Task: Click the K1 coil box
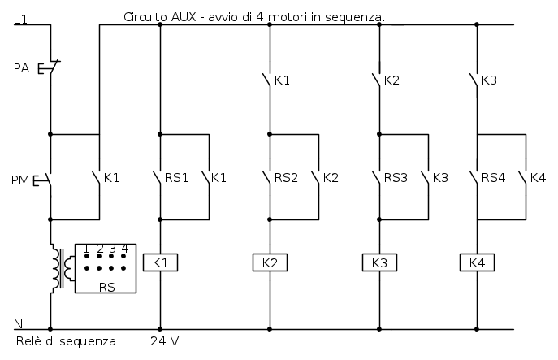click(160, 262)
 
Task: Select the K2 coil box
click(270, 262)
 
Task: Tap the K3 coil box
click(379, 262)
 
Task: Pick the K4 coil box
click(477, 262)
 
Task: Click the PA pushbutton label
click(22, 68)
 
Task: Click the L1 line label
click(22, 19)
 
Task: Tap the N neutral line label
click(19, 323)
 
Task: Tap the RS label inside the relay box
click(106, 286)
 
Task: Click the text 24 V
click(166, 340)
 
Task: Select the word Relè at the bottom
click(29, 340)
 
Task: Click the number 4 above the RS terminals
click(124, 249)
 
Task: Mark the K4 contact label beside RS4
click(538, 177)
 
